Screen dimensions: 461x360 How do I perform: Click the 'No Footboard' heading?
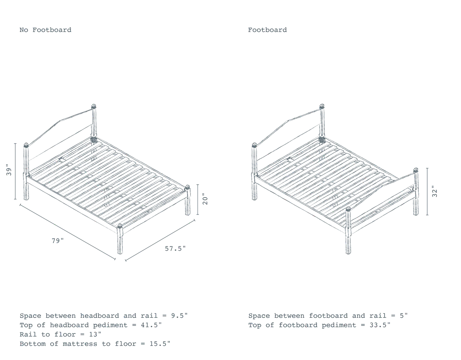[x=45, y=30]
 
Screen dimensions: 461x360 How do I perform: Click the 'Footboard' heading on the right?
[x=267, y=30]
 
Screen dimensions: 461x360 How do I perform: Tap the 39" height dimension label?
[x=9, y=170]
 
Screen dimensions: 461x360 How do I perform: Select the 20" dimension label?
[x=205, y=199]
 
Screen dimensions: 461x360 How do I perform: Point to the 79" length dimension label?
[x=58, y=241]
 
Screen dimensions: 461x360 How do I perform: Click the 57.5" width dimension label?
[x=175, y=249]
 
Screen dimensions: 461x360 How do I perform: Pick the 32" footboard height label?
[x=434, y=192]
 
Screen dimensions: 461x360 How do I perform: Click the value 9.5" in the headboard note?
[x=179, y=316]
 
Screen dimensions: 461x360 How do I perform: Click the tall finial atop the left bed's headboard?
[x=94, y=106]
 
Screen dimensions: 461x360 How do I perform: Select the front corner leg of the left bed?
[x=120, y=239]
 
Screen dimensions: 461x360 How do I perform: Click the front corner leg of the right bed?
[x=348, y=231]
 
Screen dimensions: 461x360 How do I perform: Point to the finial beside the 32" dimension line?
[x=416, y=170]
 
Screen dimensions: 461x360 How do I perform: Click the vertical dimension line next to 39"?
[x=15, y=171]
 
